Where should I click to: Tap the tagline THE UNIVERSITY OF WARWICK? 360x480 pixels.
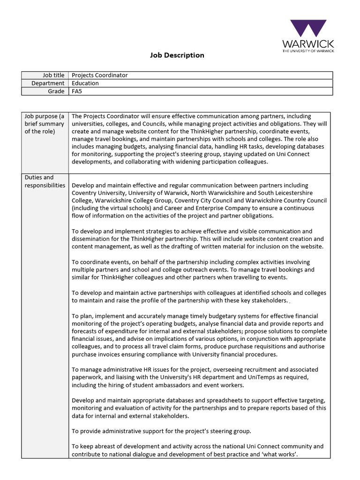click(308, 50)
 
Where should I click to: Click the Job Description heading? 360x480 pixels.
click(177, 55)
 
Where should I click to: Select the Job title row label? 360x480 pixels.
click(53, 75)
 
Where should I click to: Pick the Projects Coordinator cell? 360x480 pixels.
click(99, 75)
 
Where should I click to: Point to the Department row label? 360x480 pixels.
click(48, 83)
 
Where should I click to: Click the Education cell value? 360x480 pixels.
click(85, 83)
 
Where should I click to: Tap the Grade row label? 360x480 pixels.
click(56, 91)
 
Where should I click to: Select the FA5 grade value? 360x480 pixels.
click(76, 91)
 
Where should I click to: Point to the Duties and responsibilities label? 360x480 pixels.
click(45, 181)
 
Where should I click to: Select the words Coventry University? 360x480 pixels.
click(98, 193)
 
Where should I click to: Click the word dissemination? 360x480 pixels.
click(93, 239)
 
